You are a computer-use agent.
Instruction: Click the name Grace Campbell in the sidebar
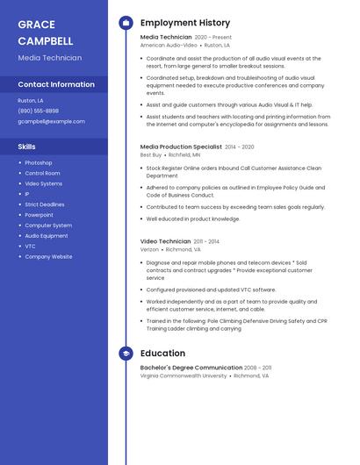pyautogui.click(x=46, y=32)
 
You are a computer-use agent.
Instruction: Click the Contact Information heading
pyautogui.click(x=56, y=84)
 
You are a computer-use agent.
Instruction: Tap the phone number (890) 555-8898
pyautogui.click(x=38, y=111)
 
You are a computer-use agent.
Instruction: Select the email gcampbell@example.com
pyautogui.click(x=51, y=121)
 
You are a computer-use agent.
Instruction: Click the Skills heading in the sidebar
pyautogui.click(x=26, y=147)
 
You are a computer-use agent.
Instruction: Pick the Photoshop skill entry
pyautogui.click(x=38, y=162)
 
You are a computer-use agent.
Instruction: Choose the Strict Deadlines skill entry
pyautogui.click(x=44, y=204)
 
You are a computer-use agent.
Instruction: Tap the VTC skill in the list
pyautogui.click(x=30, y=247)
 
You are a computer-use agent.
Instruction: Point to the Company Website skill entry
pyautogui.click(x=48, y=257)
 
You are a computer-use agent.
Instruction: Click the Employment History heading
pyautogui.click(x=185, y=23)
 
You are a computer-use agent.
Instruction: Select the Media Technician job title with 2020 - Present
pyautogui.click(x=166, y=37)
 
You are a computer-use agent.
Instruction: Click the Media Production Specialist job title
pyautogui.click(x=181, y=147)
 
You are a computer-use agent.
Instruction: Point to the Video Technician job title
pyautogui.click(x=165, y=241)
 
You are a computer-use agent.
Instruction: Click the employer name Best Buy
pyautogui.click(x=151, y=154)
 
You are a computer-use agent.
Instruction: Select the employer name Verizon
pyautogui.click(x=149, y=249)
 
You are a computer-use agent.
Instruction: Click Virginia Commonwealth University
pyautogui.click(x=184, y=376)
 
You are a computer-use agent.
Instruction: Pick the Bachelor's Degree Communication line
pyautogui.click(x=191, y=368)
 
